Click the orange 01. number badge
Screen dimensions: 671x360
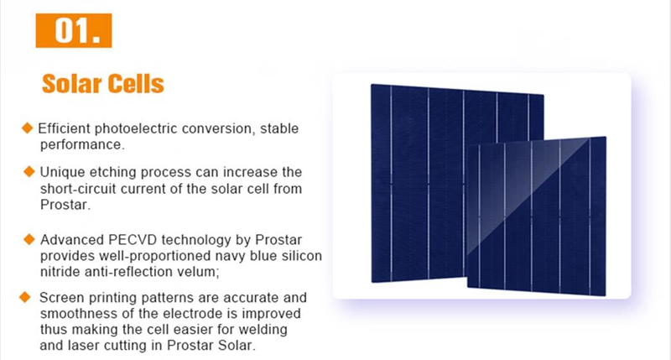(74, 30)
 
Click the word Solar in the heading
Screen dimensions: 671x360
(71, 83)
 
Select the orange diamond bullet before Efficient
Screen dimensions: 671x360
(28, 128)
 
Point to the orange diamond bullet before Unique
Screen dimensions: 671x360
(29, 172)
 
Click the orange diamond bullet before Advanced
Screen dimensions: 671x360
(29, 239)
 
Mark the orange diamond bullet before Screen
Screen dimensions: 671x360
(25, 297)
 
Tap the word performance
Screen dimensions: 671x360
(82, 145)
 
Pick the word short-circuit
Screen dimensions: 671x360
(78, 188)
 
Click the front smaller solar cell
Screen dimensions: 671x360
(536, 217)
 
